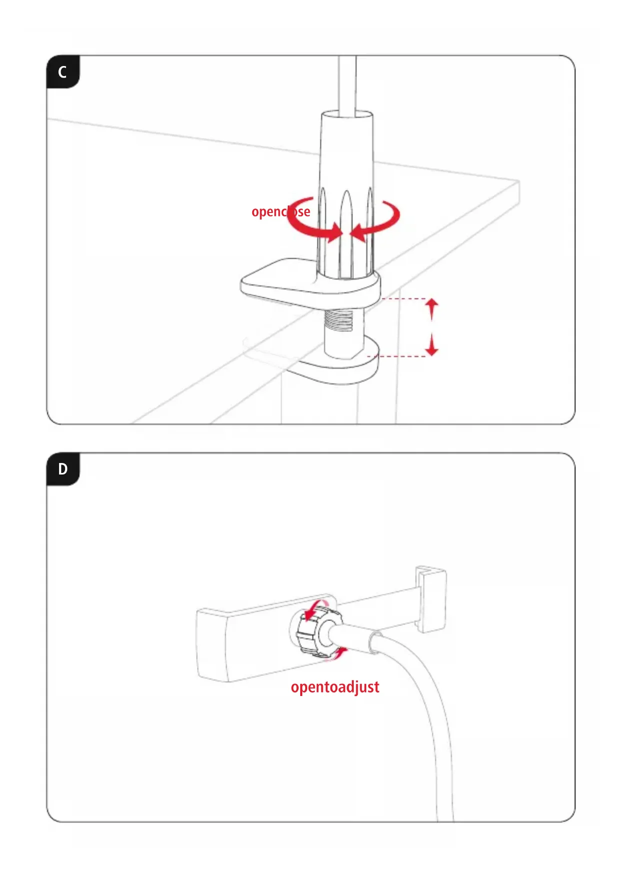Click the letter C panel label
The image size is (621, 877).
click(63, 72)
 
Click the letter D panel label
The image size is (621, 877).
click(63, 469)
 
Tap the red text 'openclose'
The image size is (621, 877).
click(280, 211)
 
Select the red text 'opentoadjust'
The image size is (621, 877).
click(335, 687)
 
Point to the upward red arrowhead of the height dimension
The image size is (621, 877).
click(432, 303)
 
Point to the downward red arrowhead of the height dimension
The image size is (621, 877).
click(432, 351)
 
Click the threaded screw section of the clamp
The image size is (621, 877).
click(339, 321)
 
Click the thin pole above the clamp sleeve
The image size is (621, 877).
click(347, 82)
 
